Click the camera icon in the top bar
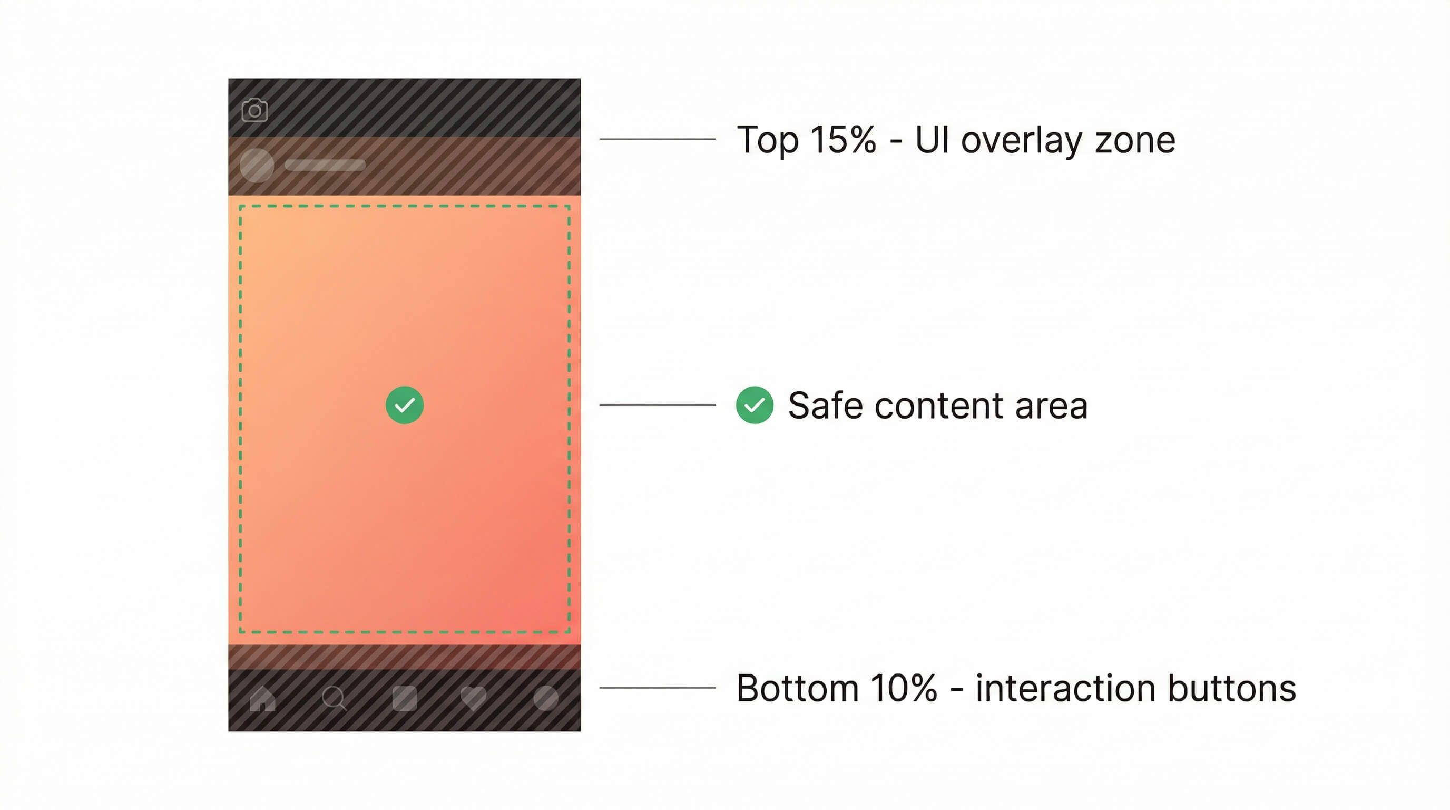coord(254,110)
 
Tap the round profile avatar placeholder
coord(257,165)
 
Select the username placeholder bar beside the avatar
coord(325,165)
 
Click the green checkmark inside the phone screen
coord(404,405)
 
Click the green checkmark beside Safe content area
coord(755,405)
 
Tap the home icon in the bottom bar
coord(262,699)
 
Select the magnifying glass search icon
coord(334,699)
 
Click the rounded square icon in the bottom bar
coord(404,699)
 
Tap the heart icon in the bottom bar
coord(473,699)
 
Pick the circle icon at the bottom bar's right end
coord(545,699)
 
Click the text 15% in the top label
coord(842,139)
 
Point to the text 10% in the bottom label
coord(904,688)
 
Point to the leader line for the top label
coord(657,139)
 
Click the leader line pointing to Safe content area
coord(657,405)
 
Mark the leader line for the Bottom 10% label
coord(657,688)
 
